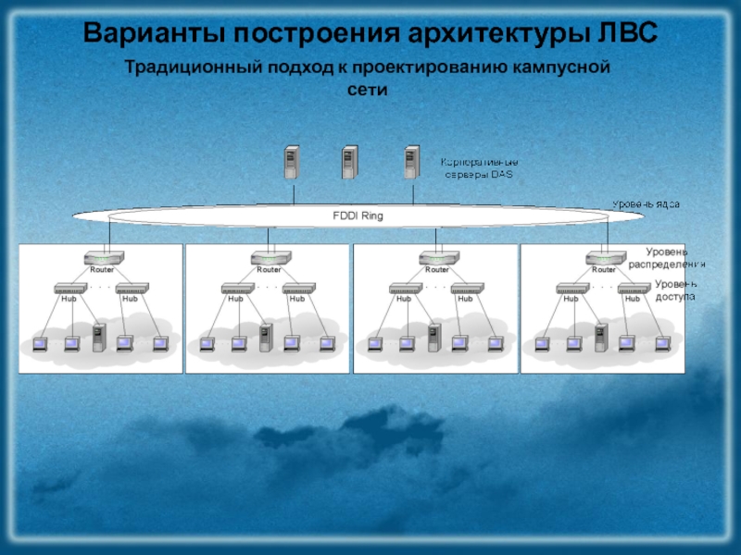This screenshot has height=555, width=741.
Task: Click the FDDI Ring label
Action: pyautogui.click(x=358, y=216)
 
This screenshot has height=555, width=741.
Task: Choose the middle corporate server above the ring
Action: pyautogui.click(x=349, y=164)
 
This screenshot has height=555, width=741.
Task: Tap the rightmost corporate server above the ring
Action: pyautogui.click(x=411, y=164)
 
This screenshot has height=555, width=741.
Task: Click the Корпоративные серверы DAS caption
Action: pyautogui.click(x=478, y=167)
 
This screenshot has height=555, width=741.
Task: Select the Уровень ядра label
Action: pyautogui.click(x=647, y=203)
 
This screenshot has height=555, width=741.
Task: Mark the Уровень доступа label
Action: pyautogui.click(x=674, y=290)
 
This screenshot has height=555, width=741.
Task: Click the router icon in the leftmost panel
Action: pyautogui.click(x=103, y=258)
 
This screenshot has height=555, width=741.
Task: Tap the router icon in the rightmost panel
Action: pyautogui.click(x=605, y=258)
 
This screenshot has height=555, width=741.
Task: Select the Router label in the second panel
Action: pyautogui.click(x=269, y=270)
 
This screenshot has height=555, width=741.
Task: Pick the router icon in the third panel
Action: pyautogui.click(x=437, y=258)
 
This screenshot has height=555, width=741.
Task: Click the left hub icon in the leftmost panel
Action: pyautogui.click(x=69, y=289)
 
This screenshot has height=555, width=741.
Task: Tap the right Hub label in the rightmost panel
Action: pyautogui.click(x=633, y=299)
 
